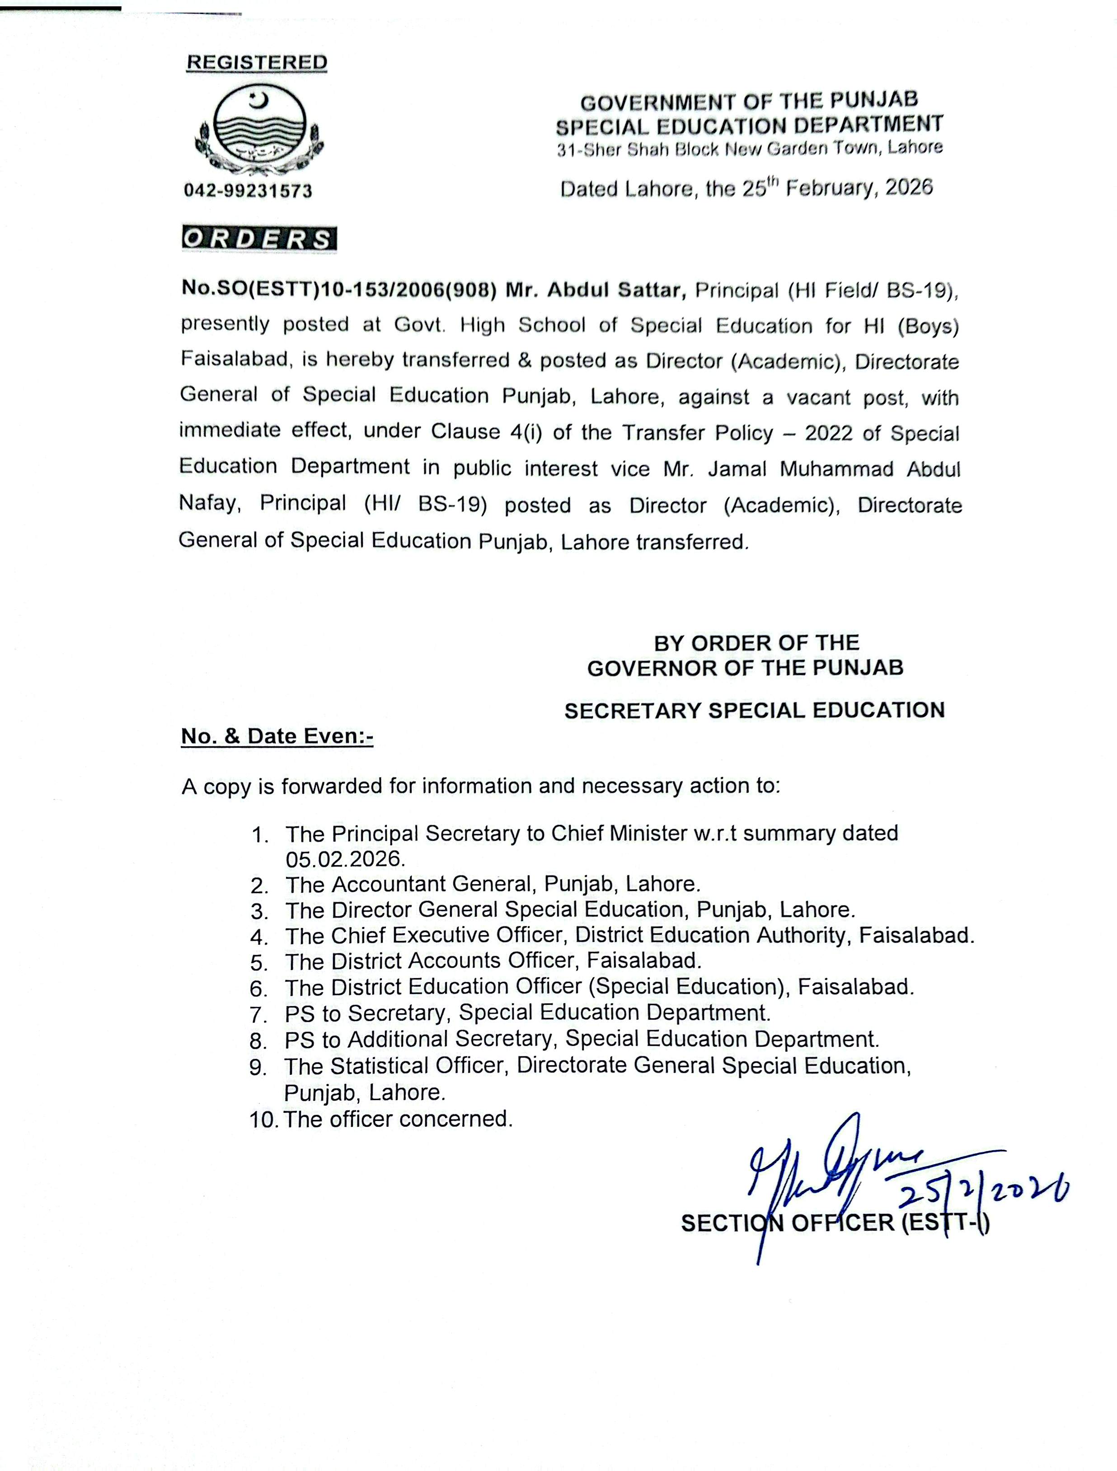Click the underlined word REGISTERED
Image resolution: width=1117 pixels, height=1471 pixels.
coord(257,62)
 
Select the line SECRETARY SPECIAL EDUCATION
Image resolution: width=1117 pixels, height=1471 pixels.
coord(755,710)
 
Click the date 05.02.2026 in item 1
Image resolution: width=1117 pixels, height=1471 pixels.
coord(345,858)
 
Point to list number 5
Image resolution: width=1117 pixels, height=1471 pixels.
coord(259,962)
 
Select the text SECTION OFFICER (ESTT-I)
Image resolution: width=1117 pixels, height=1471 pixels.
coord(835,1223)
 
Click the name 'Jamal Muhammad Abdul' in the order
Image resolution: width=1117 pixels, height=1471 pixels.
coord(834,469)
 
